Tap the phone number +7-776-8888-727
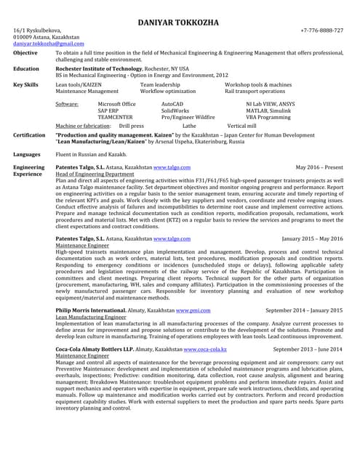(321, 31)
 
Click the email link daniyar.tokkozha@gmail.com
(49, 44)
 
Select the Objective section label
(25, 53)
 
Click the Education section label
(26, 68)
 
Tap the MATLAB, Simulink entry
(268, 110)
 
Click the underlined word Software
(67, 104)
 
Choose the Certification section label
(29, 134)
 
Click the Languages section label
(27, 155)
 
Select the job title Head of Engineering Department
(95, 174)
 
